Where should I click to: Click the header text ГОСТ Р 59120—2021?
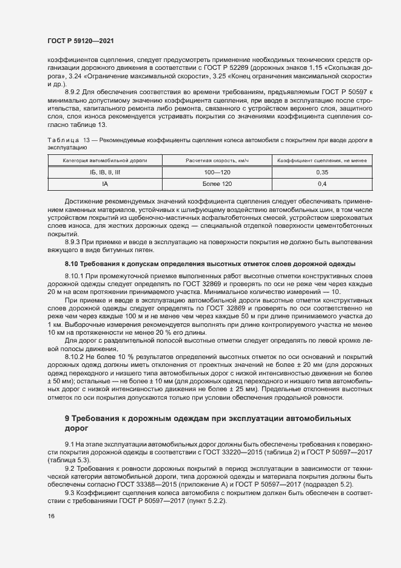tap(79, 41)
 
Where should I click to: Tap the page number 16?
tap(50, 516)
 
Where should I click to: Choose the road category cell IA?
tap(105, 183)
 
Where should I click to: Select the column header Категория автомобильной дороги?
tap(105, 160)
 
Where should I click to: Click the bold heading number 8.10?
tap(72, 263)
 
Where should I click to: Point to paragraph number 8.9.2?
tap(73, 91)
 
